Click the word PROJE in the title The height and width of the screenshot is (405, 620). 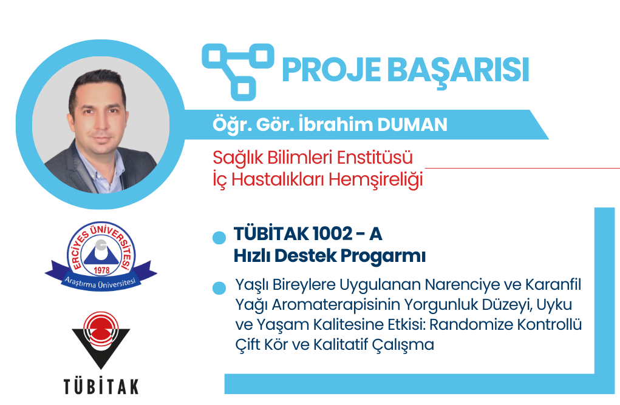(x=332, y=70)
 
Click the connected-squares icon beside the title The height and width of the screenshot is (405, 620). (x=238, y=72)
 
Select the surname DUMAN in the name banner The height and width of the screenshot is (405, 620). (x=412, y=125)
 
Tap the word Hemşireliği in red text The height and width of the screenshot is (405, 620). (x=376, y=179)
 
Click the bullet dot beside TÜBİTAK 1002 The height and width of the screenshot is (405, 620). (x=219, y=238)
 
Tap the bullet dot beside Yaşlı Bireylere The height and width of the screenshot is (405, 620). (x=219, y=288)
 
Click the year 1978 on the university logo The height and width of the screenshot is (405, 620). (x=101, y=270)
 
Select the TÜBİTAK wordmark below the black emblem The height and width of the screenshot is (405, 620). (x=101, y=386)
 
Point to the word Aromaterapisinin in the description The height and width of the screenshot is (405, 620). (x=336, y=305)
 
